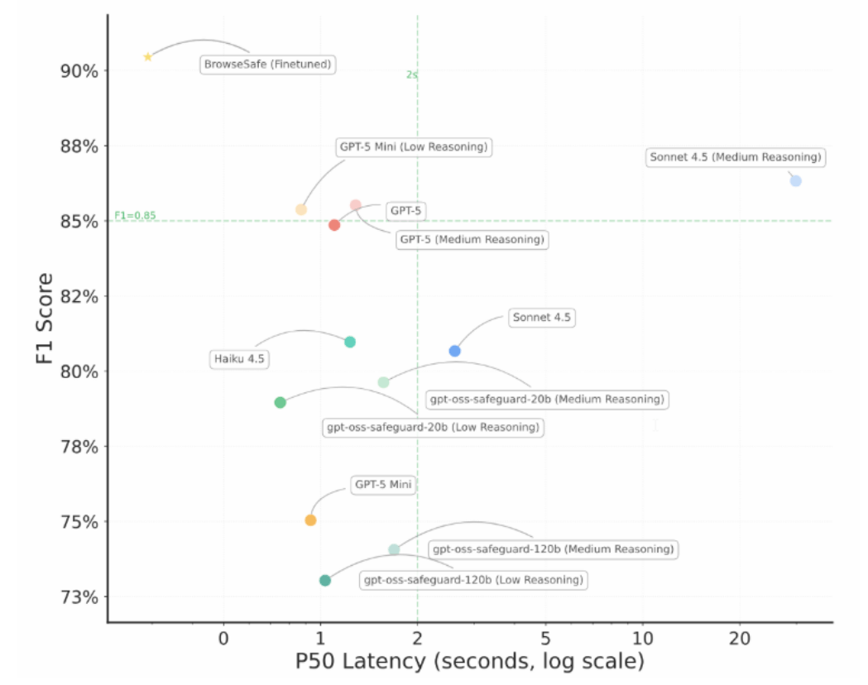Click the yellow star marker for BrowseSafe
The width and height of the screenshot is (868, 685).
[148, 57]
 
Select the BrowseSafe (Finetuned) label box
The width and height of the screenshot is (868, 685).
[269, 64]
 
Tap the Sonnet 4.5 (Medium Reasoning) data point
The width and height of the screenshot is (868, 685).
[795, 180]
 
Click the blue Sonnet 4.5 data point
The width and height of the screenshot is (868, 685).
[454, 351]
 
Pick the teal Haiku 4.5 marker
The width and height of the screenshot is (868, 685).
[350, 342]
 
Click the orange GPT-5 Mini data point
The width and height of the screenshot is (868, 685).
[310, 520]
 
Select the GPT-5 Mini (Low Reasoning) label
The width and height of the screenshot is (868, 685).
[413, 148]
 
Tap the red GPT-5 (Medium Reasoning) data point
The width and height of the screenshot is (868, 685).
[334, 225]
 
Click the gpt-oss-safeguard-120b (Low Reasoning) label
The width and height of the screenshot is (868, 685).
[473, 580]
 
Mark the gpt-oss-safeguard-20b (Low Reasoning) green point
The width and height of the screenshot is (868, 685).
[280, 402]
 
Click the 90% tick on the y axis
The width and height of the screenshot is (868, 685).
[79, 71]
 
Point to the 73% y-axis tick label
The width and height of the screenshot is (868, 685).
[79, 597]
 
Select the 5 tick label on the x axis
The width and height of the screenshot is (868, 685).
[544, 639]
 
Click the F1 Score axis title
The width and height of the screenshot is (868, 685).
[45, 319]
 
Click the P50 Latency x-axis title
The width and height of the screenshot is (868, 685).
[469, 663]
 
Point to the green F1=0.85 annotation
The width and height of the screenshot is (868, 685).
[135, 216]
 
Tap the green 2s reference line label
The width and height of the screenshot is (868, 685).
[412, 74]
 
